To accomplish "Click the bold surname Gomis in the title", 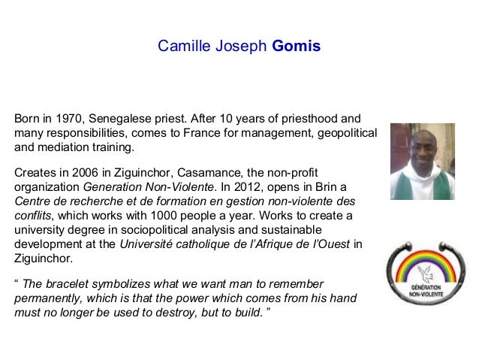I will pos(296,47).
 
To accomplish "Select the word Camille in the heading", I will pos(180,47).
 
